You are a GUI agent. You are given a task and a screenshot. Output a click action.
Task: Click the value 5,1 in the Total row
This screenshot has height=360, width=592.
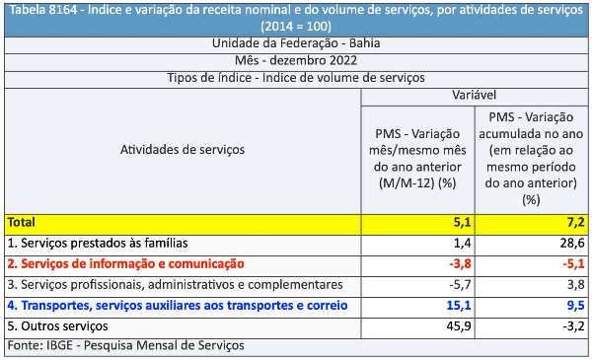pos(462,222)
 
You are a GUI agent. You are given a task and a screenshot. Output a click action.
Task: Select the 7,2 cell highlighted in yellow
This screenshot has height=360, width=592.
pos(576,222)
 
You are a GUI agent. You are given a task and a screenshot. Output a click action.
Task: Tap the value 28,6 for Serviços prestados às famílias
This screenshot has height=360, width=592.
pos(572,243)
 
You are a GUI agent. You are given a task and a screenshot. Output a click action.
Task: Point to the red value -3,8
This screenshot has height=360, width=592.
pos(460,263)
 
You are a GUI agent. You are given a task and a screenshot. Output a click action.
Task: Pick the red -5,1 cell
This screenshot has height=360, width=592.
pos(574,263)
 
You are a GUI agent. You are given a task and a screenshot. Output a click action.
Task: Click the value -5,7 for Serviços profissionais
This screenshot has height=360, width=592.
pos(460,284)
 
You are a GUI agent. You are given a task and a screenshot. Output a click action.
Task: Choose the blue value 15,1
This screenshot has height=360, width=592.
pos(459,305)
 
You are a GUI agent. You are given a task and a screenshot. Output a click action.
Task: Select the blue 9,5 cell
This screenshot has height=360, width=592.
pos(576,305)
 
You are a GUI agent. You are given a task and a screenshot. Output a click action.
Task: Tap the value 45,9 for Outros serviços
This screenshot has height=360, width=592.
pos(459,325)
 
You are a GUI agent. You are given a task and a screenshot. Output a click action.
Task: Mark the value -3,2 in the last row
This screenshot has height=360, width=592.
pos(574,325)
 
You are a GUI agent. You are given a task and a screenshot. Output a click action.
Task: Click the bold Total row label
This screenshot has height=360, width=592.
pos(22,222)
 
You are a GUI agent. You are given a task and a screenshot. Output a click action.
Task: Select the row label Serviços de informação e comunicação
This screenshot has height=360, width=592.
pos(125,263)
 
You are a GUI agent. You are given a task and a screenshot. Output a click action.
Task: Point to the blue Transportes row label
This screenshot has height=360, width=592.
pos(178,306)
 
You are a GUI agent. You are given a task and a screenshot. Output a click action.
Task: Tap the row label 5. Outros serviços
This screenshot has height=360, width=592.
pos(58,326)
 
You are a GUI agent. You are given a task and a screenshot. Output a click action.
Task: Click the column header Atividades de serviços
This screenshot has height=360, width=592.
pos(183,150)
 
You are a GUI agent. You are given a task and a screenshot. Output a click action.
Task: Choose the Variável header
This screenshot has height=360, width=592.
pos(475,95)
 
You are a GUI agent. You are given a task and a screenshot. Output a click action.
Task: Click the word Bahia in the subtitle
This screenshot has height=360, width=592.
pos(364,43)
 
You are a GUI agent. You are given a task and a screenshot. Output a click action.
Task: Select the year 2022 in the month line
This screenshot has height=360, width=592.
pos(342,60)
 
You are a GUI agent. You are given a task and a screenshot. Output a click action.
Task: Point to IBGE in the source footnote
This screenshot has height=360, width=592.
pos(59,345)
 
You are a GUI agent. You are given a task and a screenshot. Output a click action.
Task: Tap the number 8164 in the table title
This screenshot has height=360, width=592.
pos(63,10)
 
